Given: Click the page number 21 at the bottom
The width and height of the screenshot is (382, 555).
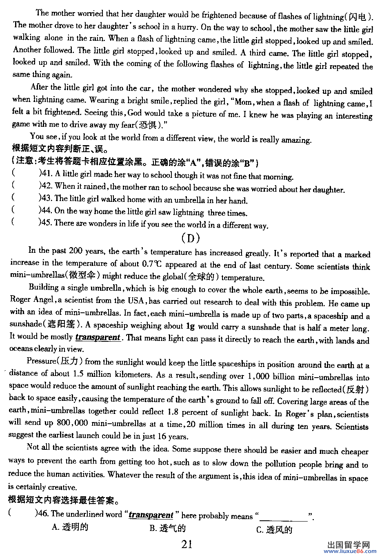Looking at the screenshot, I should pos(187,544).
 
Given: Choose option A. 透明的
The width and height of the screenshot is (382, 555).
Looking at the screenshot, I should pos(70,527).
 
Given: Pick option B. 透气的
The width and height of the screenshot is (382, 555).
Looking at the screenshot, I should pos(168,528).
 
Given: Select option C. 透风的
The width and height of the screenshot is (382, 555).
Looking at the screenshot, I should pos(274,530).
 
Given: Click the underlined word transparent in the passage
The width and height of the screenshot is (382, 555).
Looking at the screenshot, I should pos(98,337).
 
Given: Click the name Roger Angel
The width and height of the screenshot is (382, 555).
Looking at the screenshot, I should pos(32,300).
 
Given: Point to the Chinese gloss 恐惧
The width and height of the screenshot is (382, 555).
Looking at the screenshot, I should pos(148,125).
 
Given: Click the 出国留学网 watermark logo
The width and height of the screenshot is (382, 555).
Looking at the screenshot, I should pos(349,545).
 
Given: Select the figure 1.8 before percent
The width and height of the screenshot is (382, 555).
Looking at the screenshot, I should pos(173,412).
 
